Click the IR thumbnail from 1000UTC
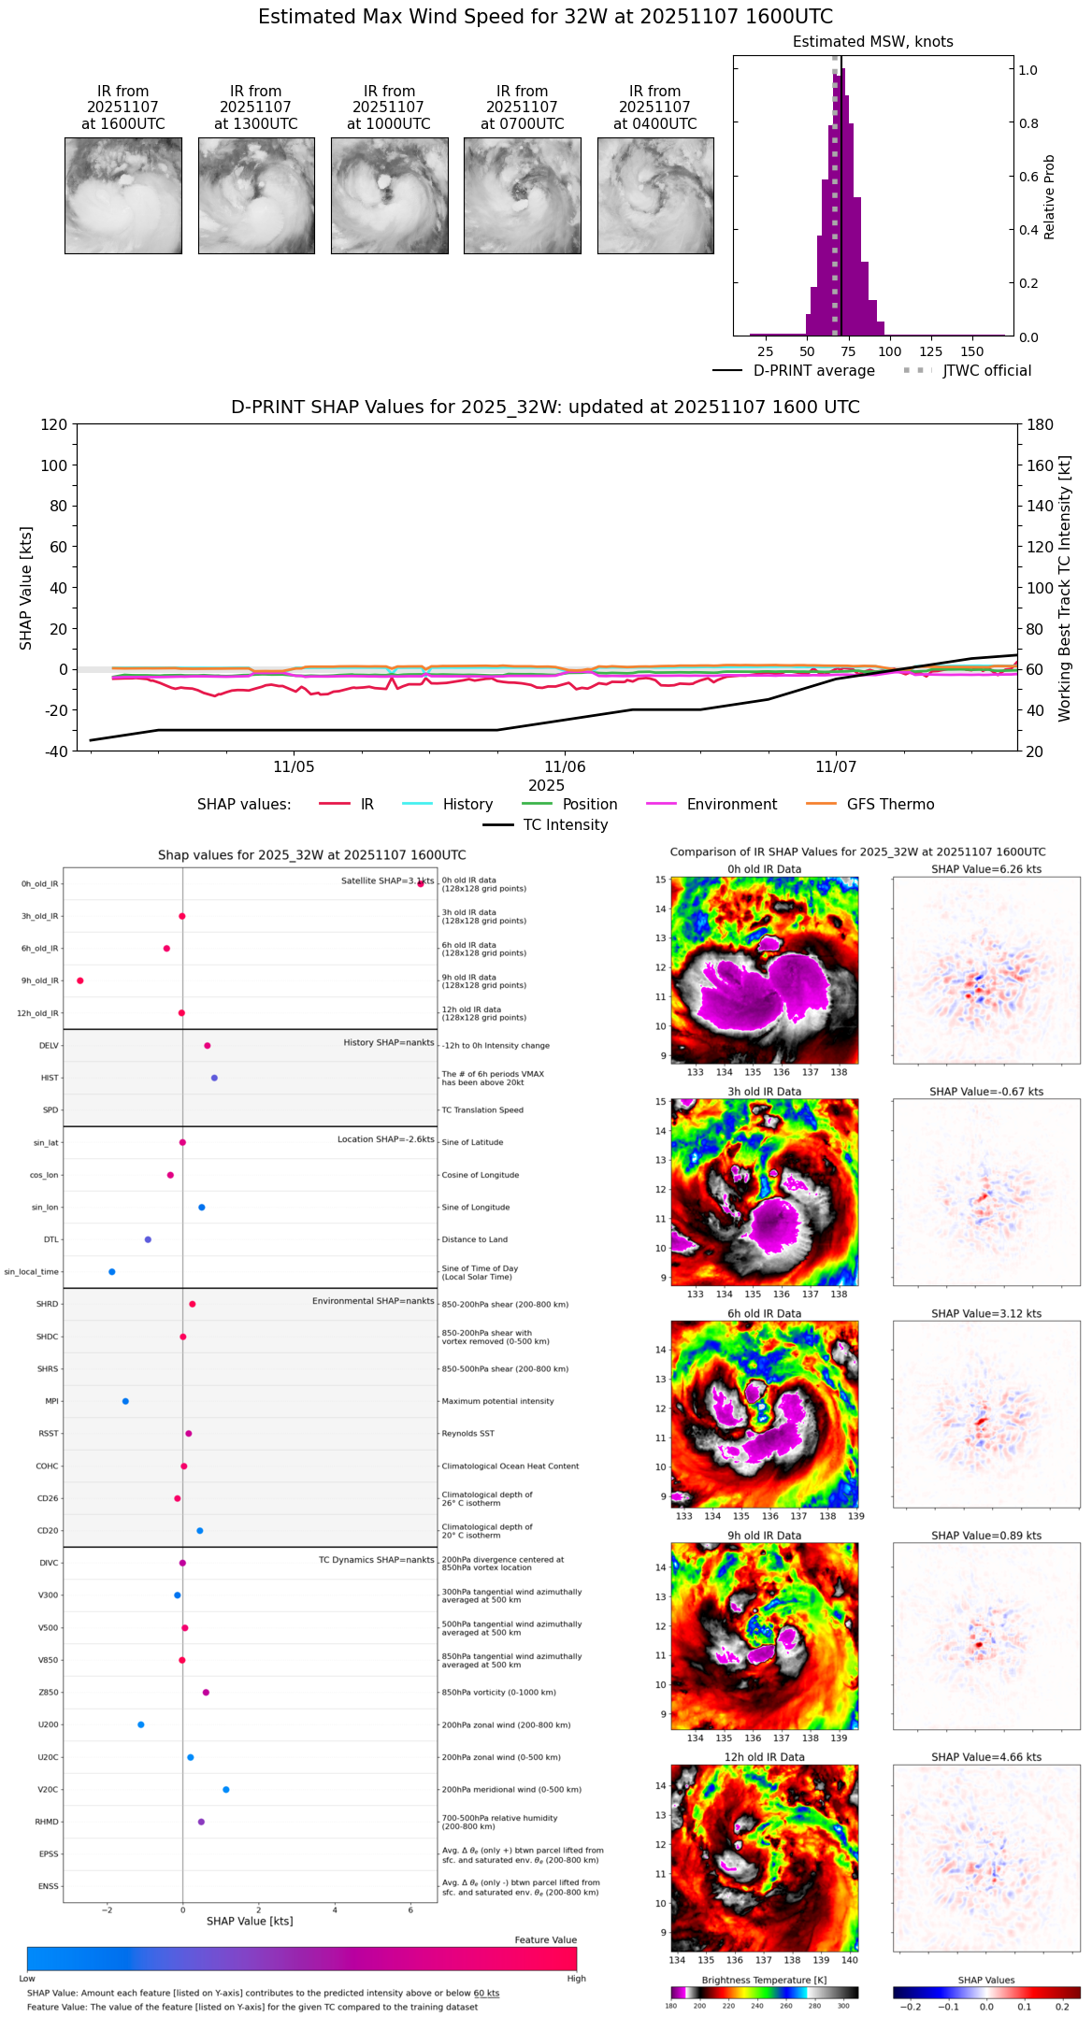coord(389,195)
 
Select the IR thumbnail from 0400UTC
coord(655,195)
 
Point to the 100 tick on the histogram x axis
coord(890,351)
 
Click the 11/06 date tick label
coord(565,767)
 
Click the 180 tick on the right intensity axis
coord(1040,425)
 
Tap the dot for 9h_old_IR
coord(80,980)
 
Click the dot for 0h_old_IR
coord(421,883)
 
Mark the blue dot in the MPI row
coord(125,1401)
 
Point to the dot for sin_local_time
coord(112,1272)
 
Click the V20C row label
coord(48,1790)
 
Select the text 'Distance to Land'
coord(475,1240)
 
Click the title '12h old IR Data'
coord(764,1757)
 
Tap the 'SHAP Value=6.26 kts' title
coord(985,869)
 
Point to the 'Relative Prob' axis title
coord(1050,197)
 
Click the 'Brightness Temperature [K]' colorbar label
coord(764,1980)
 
